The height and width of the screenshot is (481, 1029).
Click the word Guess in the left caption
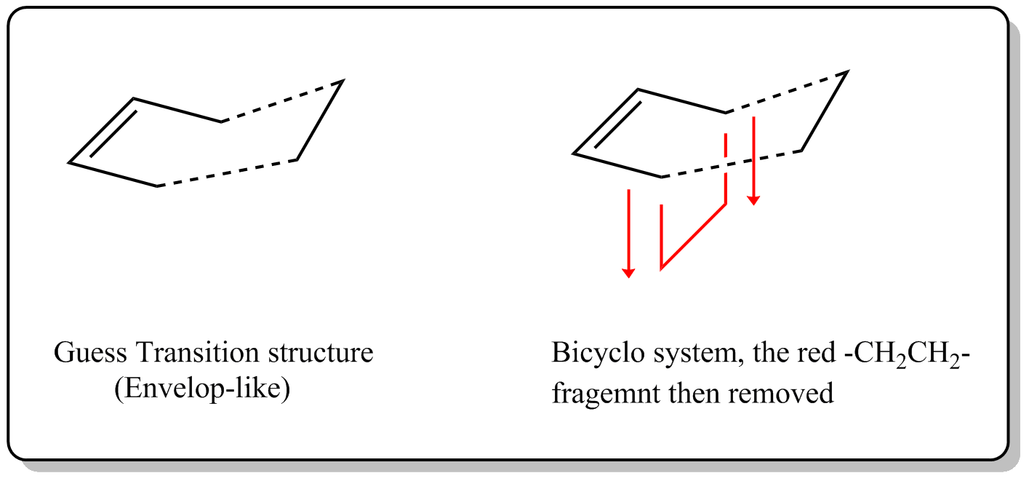click(90, 353)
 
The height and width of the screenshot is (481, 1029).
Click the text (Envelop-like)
click(202, 389)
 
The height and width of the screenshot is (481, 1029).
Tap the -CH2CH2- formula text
click(908, 355)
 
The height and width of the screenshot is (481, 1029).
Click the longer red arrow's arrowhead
click(628, 273)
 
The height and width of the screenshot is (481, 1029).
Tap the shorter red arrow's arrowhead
click(753, 201)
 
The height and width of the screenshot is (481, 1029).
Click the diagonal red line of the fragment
click(693, 236)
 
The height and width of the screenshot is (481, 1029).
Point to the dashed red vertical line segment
click(725, 146)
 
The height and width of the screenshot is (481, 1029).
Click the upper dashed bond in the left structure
click(282, 101)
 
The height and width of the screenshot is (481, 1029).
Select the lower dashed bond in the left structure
click(227, 173)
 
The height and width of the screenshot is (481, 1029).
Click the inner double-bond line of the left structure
click(113, 133)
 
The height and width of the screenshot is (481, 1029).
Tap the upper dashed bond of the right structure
click(787, 92)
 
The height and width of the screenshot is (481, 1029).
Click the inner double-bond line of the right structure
click(617, 124)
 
